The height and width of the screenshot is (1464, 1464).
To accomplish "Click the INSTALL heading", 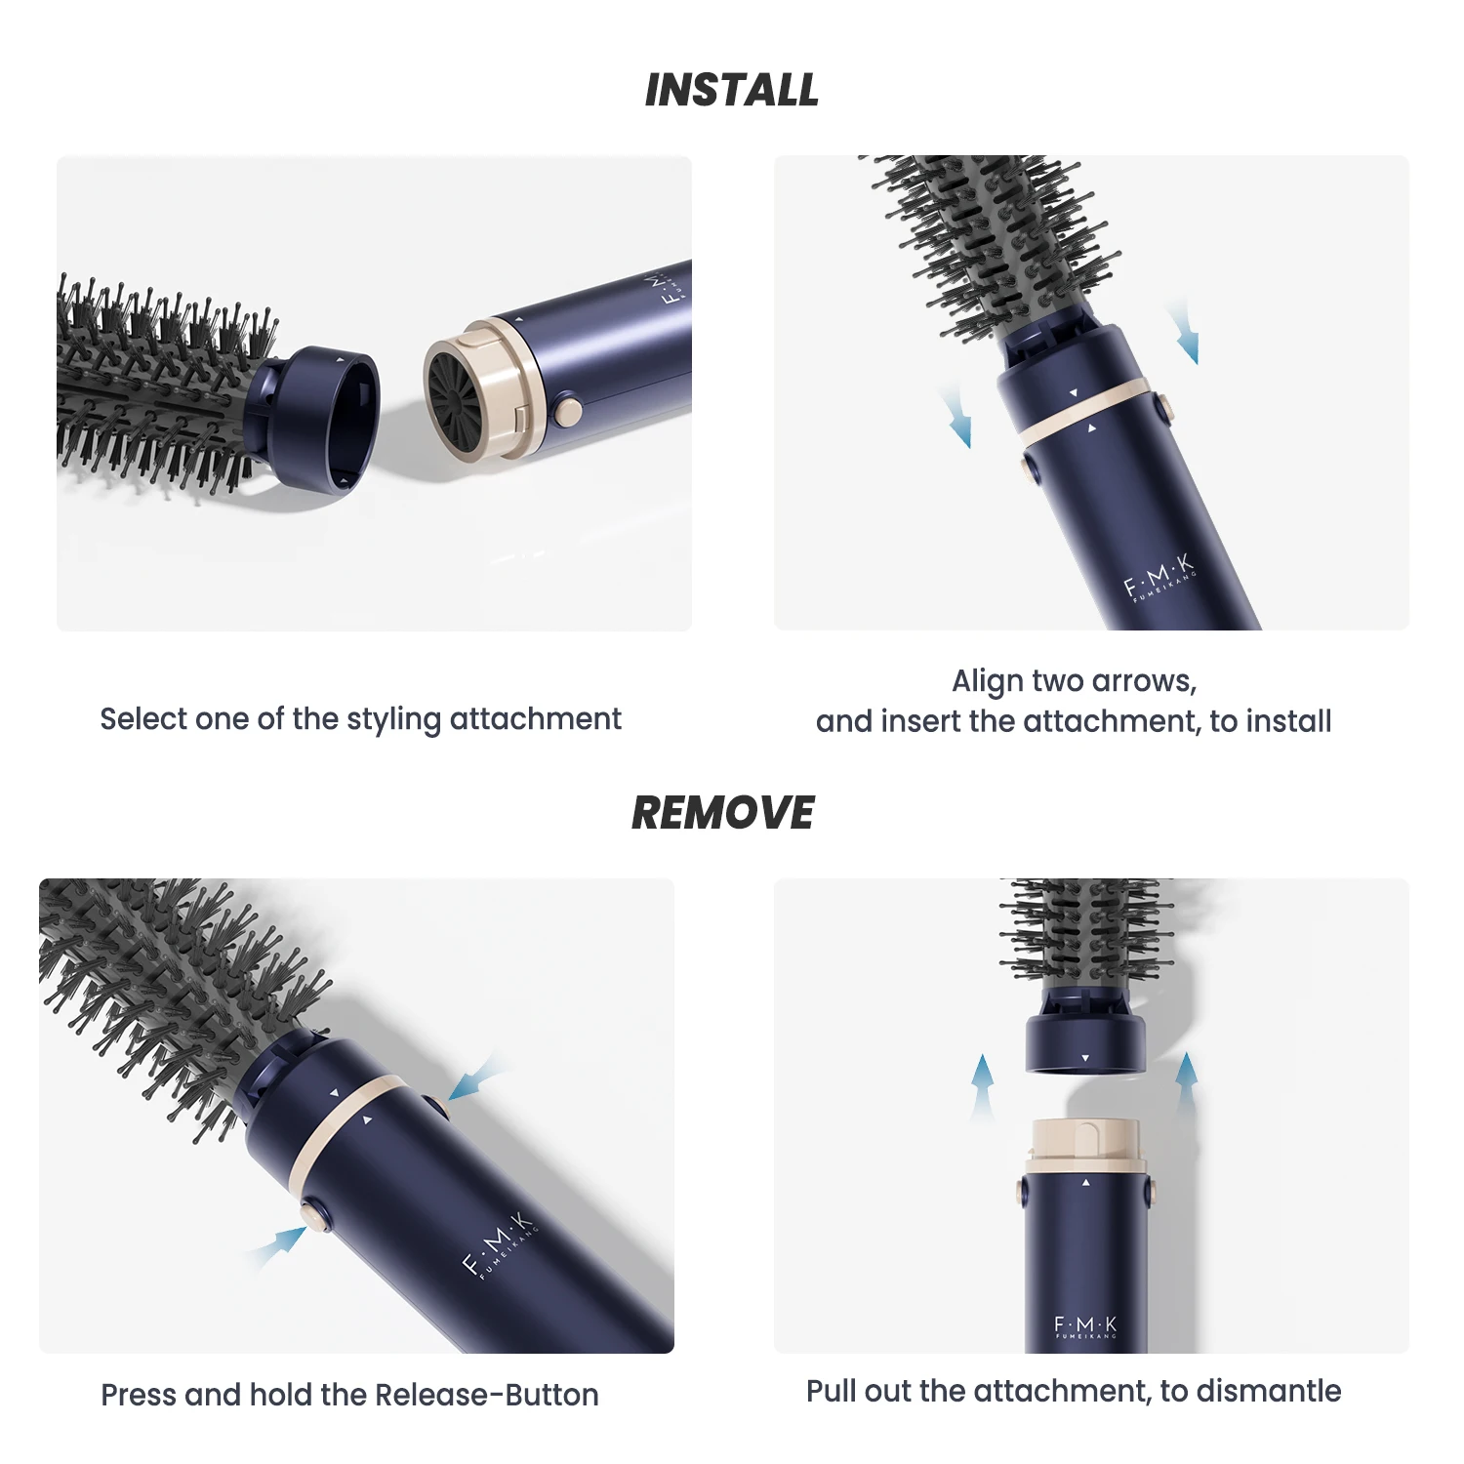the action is (x=732, y=90).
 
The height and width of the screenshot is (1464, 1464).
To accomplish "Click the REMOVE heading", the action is (x=723, y=813).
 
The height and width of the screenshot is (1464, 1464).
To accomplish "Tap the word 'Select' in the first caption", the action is (x=143, y=719).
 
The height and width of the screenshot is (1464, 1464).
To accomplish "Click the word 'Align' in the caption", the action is (x=987, y=680).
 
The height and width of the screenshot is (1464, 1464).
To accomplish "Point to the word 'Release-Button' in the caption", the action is (x=487, y=1395).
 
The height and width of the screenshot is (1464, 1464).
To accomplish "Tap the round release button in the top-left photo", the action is (x=566, y=410).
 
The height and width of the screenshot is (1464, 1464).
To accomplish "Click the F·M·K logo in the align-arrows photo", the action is (x=1159, y=578).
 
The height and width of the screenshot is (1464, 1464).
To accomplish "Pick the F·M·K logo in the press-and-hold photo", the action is (x=499, y=1244).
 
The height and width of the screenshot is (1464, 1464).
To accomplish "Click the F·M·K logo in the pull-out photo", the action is (x=1085, y=1326).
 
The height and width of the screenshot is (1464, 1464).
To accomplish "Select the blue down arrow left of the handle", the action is (x=956, y=416).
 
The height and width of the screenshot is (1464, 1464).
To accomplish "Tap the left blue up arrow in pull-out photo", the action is (x=983, y=1085).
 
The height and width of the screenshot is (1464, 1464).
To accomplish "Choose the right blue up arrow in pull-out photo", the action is (x=1187, y=1083).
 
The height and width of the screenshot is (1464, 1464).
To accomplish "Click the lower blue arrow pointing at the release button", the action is (x=276, y=1247).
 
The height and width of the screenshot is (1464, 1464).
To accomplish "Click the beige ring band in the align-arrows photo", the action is (x=1082, y=410).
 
